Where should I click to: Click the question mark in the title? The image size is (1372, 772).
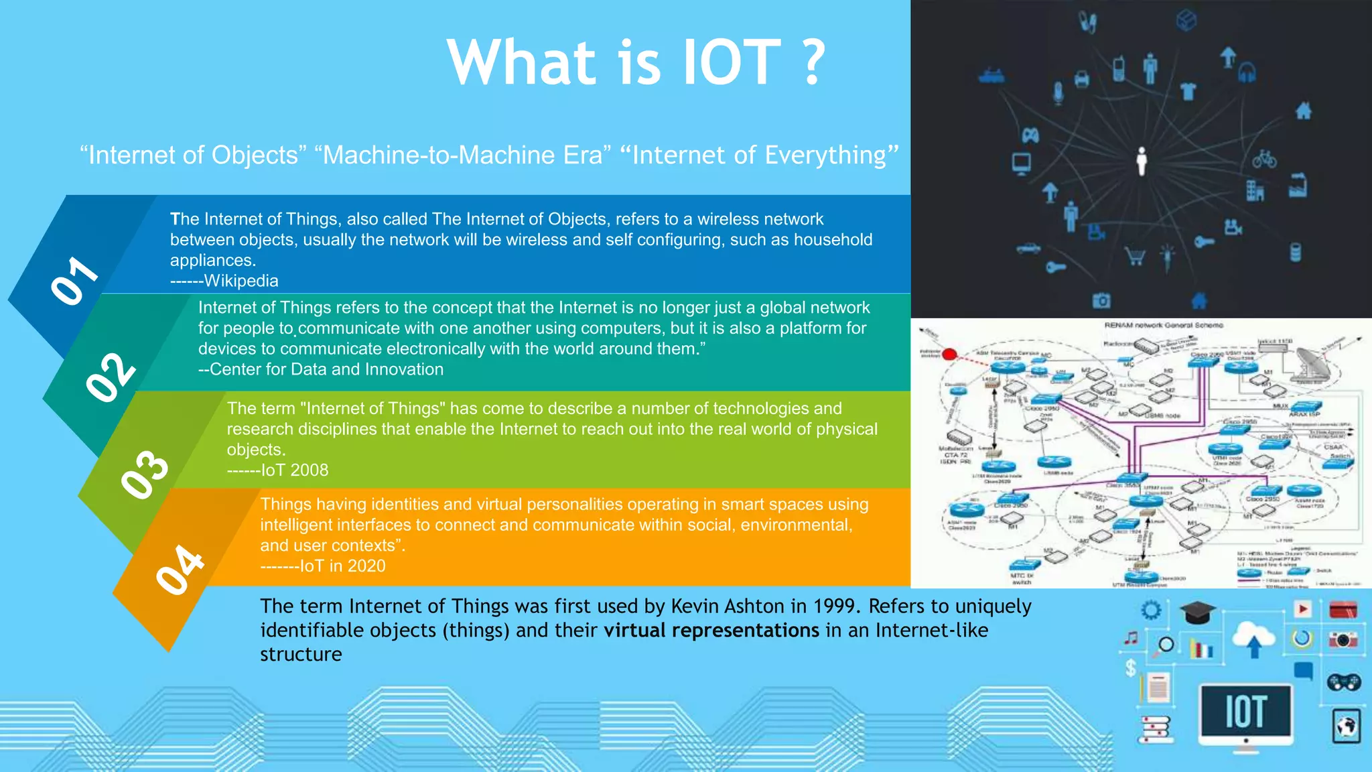click(813, 62)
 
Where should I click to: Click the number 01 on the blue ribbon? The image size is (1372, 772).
click(74, 281)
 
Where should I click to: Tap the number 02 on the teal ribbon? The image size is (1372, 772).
click(111, 377)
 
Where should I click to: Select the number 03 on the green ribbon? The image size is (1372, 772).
click(145, 474)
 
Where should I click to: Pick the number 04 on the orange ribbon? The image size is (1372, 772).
click(180, 570)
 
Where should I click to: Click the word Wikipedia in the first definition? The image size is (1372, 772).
click(241, 281)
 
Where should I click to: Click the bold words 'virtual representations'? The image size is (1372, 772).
click(711, 631)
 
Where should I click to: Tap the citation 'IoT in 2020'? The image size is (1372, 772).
click(342, 566)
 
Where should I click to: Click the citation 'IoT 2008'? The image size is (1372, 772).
click(295, 470)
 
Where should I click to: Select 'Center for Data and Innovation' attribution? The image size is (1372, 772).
click(326, 369)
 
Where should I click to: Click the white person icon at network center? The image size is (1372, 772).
click(1142, 161)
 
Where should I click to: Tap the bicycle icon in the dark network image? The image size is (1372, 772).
click(1264, 159)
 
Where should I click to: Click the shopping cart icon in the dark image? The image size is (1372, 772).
click(1135, 256)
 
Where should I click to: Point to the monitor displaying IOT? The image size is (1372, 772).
click(1245, 712)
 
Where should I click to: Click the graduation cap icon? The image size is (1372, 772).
click(1197, 612)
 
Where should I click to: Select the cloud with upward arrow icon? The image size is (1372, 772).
click(1253, 639)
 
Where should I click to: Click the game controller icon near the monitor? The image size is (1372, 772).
click(1343, 682)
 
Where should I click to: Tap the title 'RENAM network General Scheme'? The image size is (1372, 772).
click(1164, 325)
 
